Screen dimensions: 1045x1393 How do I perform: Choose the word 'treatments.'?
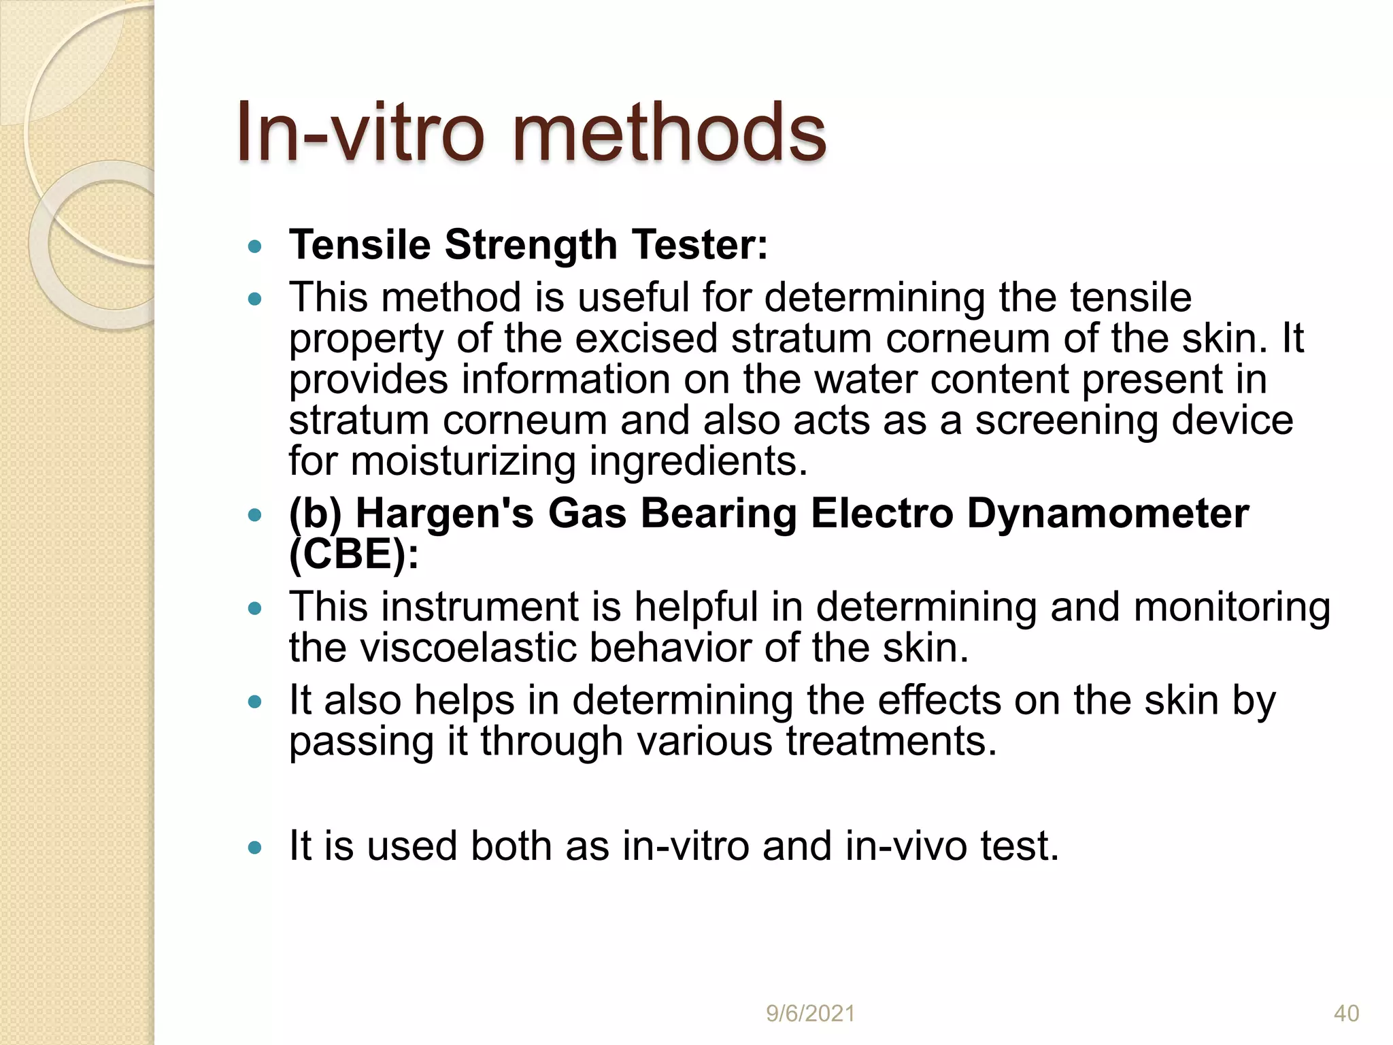(x=891, y=741)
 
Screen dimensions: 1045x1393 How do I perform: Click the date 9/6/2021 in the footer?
(x=810, y=1014)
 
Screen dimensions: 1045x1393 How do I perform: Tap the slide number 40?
(x=1346, y=1014)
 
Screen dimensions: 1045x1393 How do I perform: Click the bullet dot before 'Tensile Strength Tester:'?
(x=255, y=246)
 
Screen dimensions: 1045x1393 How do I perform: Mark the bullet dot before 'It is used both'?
(x=255, y=848)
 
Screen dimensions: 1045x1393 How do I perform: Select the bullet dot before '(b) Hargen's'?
(x=255, y=514)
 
